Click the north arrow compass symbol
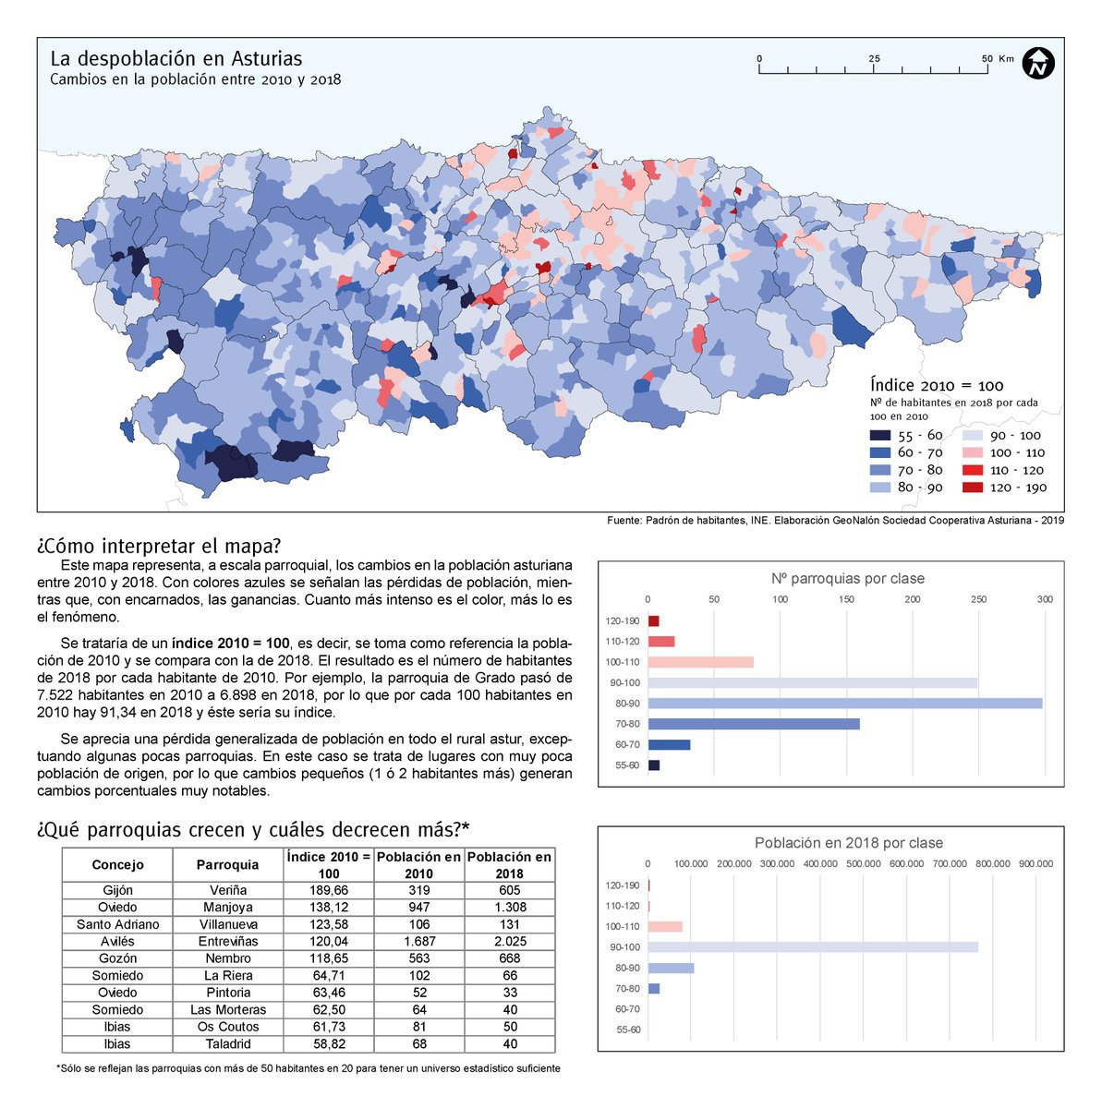pyautogui.click(x=1039, y=64)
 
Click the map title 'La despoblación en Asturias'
pyautogui.click(x=176, y=58)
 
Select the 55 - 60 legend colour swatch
pyautogui.click(x=879, y=435)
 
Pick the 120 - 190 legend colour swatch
pyautogui.click(x=974, y=488)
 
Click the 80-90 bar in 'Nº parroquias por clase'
pyautogui.click(x=845, y=704)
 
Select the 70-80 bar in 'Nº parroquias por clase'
pyautogui.click(x=754, y=724)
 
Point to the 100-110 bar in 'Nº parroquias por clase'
pyautogui.click(x=700, y=662)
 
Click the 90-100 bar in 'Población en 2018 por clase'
pyautogui.click(x=813, y=947)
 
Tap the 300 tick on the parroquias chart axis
pyautogui.click(x=1045, y=600)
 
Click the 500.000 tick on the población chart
pyautogui.click(x=863, y=864)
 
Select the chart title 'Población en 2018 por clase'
pyautogui.click(x=848, y=843)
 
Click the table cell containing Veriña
pyautogui.click(x=227, y=890)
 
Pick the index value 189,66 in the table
pyautogui.click(x=328, y=890)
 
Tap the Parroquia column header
pyautogui.click(x=227, y=865)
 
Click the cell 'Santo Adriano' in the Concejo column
pyautogui.click(x=117, y=924)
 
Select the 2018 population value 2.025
pyautogui.click(x=509, y=941)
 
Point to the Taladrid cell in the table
pyautogui.click(x=227, y=1043)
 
